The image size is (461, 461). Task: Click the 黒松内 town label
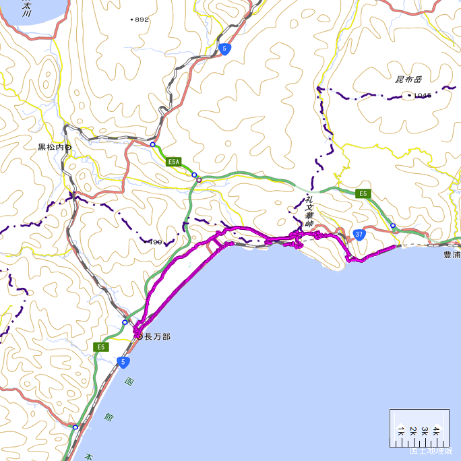(51, 147)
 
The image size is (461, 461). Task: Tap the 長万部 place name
(158, 336)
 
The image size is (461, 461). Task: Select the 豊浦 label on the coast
(451, 255)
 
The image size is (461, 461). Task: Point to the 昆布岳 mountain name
(408, 80)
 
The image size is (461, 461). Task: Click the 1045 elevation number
(423, 96)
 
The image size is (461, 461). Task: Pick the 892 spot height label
(142, 20)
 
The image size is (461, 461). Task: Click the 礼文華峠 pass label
(309, 210)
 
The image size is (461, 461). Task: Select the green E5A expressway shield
(175, 162)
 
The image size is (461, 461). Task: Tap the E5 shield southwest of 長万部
(101, 347)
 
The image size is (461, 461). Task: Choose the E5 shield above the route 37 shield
(363, 194)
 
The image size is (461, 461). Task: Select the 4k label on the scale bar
(436, 430)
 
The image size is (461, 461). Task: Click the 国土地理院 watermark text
(431, 451)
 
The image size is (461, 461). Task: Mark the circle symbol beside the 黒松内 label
(68, 147)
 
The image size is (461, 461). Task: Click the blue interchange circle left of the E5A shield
(153, 144)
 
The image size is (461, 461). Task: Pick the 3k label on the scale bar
(424, 430)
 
